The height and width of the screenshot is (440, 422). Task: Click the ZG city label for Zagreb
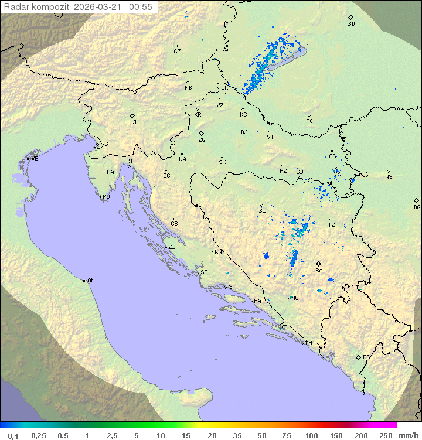tap(202, 140)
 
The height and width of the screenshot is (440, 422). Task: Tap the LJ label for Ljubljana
tap(132, 122)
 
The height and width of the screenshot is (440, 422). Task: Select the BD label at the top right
tap(351, 24)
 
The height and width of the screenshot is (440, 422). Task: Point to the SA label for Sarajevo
tap(319, 271)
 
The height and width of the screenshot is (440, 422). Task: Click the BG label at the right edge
tap(417, 207)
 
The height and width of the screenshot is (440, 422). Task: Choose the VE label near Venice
tap(35, 159)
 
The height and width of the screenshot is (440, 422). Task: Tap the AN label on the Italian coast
tap(91, 281)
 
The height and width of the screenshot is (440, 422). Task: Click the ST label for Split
tap(232, 287)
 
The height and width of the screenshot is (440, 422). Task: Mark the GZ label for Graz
tap(177, 52)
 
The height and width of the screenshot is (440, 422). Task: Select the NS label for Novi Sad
tap(389, 177)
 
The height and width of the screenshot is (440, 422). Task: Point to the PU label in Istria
tap(106, 197)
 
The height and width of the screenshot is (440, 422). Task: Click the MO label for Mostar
tap(295, 298)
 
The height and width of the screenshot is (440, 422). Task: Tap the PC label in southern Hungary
tap(309, 121)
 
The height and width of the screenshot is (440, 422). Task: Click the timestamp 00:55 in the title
tap(141, 7)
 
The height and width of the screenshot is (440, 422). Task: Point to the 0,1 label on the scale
tap(13, 435)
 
